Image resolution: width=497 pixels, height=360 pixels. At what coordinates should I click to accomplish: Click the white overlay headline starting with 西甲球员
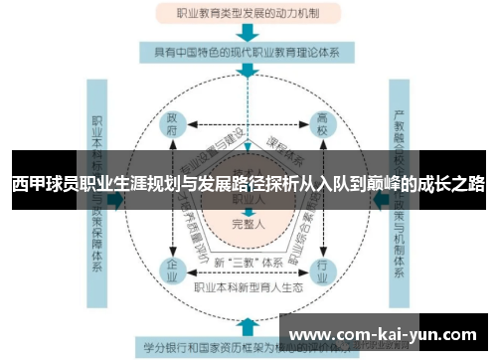pyautogui.click(x=248, y=183)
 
